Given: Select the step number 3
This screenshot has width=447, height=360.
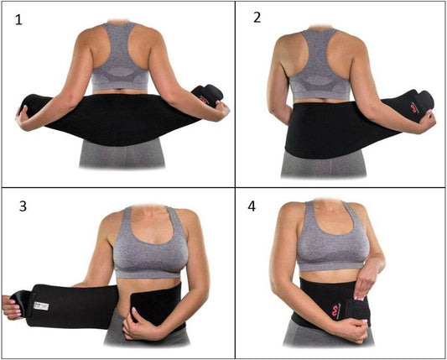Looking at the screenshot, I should click(20, 205).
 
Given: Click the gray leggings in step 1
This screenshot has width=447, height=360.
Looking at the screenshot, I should click(118, 159).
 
